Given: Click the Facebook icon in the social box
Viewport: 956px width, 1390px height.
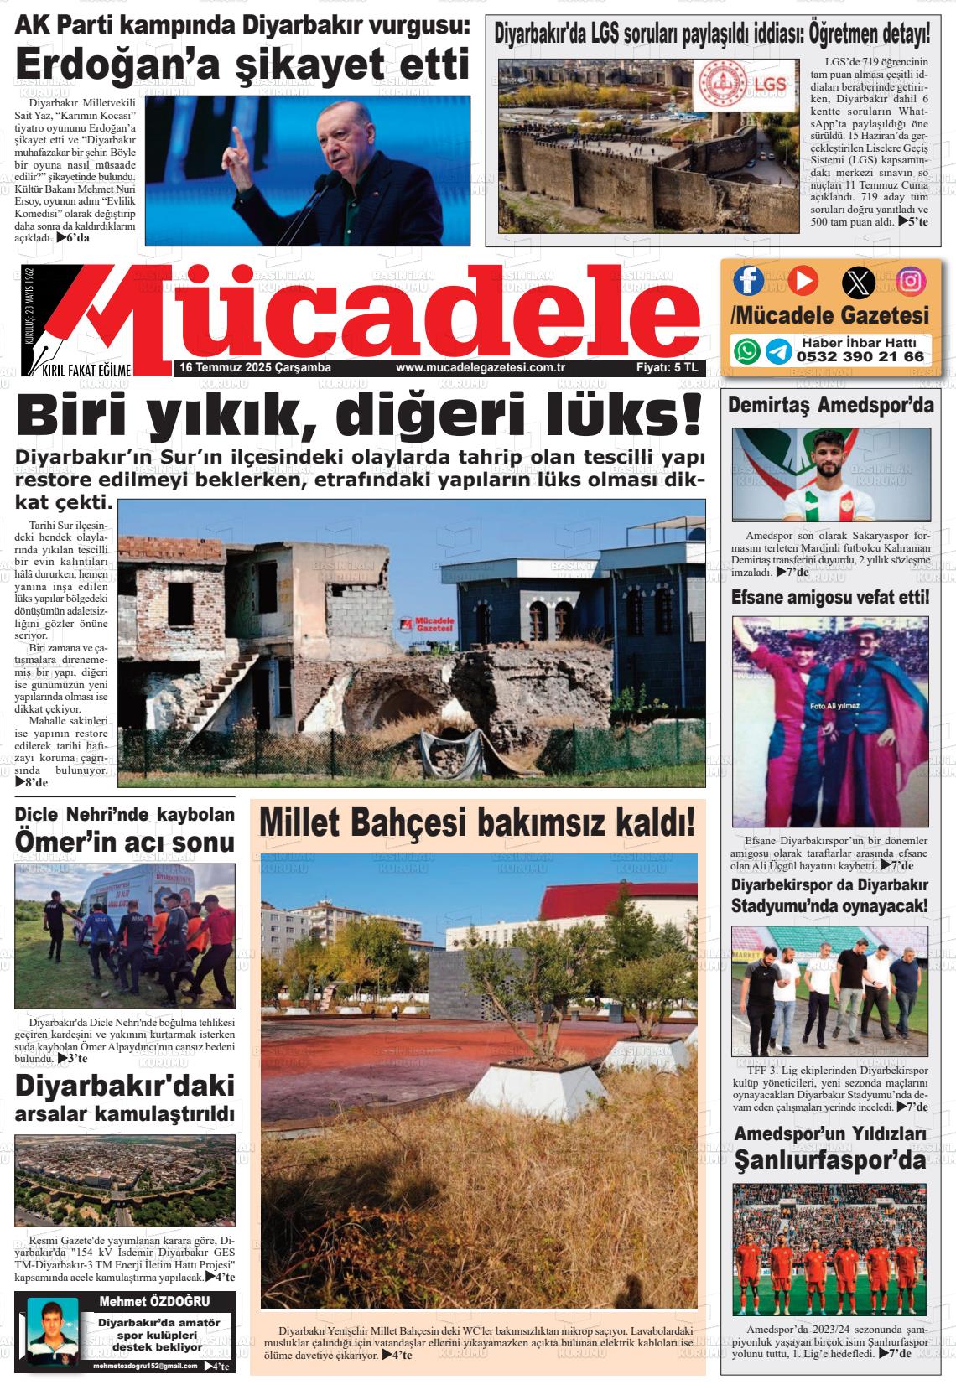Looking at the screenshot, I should [748, 281].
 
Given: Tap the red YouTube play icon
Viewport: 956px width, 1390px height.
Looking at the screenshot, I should [802, 280].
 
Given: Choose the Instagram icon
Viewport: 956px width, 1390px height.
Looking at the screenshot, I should [911, 281].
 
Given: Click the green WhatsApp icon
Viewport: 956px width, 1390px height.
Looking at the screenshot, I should [746, 350].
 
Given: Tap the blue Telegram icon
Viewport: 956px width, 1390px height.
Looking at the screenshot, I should [777, 350].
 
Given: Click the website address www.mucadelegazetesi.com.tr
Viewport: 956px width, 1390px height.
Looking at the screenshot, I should [481, 368].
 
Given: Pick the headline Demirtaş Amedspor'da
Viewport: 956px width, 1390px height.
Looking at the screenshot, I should [830, 406].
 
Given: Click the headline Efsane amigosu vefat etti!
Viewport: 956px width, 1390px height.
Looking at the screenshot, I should [830, 597].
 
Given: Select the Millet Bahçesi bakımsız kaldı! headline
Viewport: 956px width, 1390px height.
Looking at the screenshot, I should [477, 822].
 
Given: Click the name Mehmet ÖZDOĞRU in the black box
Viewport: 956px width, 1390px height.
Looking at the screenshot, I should [148, 1301].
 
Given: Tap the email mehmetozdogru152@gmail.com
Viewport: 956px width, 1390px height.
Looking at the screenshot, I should [145, 1367].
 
